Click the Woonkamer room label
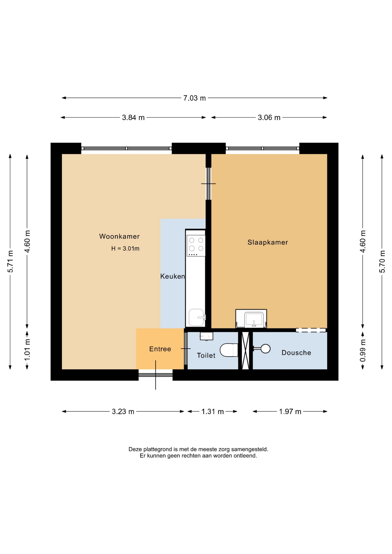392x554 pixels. tap(119, 237)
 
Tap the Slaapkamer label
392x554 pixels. tap(268, 242)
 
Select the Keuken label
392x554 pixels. tap(172, 276)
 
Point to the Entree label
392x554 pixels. tap(160, 349)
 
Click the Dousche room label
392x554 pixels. tap(296, 353)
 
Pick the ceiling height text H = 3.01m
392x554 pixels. tap(125, 248)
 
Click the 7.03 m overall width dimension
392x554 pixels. tap(195, 98)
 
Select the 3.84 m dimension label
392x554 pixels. tap(133, 118)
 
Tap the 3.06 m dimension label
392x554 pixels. tap(269, 118)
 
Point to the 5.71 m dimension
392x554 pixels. tap(10, 261)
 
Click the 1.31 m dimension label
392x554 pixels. tap(212, 411)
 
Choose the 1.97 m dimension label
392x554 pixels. tap(290, 411)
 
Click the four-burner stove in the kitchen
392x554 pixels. tap(196, 246)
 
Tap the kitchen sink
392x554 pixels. tap(197, 317)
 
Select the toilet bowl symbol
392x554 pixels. tap(229, 350)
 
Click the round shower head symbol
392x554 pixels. tap(266, 349)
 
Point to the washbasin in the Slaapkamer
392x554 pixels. tap(251, 319)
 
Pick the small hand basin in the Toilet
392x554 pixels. tap(206, 336)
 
